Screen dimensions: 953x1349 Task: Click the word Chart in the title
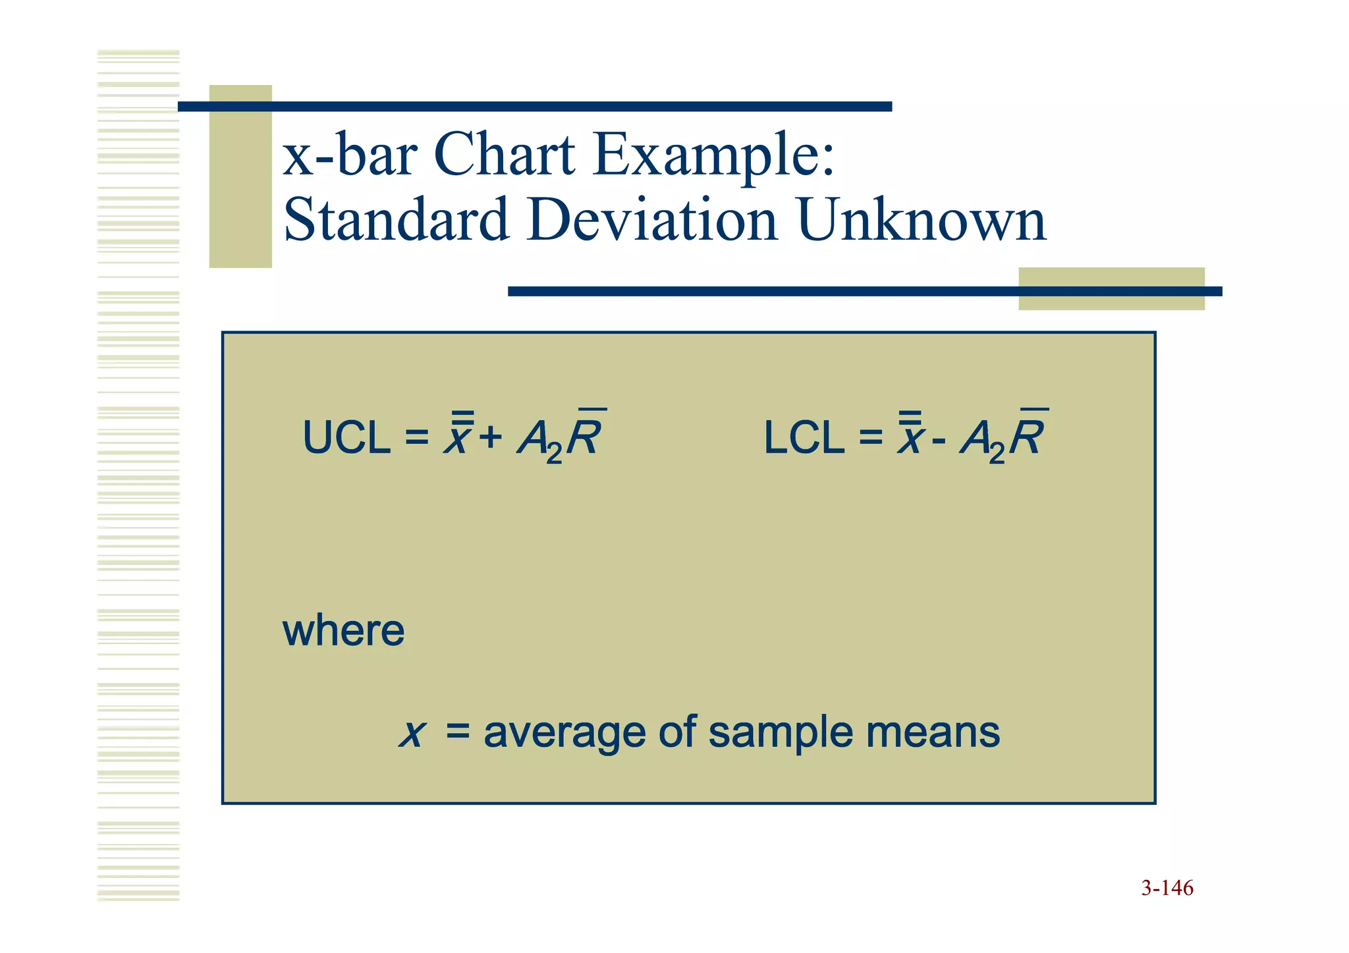click(x=504, y=155)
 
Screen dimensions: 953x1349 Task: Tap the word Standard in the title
click(x=396, y=221)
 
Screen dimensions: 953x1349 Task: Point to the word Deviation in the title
click(x=652, y=221)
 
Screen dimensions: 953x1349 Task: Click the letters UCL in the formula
click(x=346, y=438)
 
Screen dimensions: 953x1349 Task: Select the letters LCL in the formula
click(x=804, y=438)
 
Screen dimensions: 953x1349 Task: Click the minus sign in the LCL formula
click(x=939, y=439)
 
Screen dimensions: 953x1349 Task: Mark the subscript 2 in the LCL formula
click(x=997, y=453)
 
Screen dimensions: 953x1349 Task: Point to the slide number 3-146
click(x=1167, y=888)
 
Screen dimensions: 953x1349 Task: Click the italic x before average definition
click(x=413, y=734)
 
